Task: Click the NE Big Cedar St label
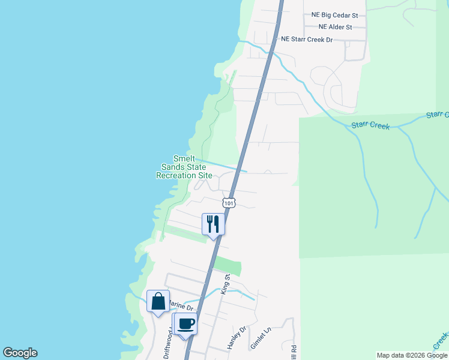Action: (x=334, y=15)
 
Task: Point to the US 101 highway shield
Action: (x=229, y=203)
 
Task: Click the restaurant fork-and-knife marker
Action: (x=213, y=224)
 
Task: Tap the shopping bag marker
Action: (x=158, y=301)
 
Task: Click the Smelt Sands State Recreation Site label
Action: (x=184, y=167)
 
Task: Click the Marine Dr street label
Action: (x=181, y=308)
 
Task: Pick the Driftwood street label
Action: (x=167, y=347)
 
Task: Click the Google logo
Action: (x=20, y=353)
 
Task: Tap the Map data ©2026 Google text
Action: (x=412, y=355)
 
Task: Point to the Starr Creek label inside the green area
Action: (x=370, y=126)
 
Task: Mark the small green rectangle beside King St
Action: (x=228, y=266)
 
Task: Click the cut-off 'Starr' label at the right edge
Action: (x=438, y=114)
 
